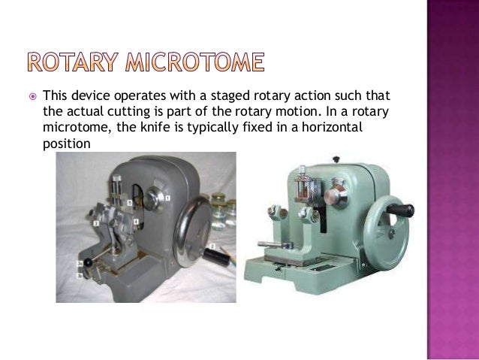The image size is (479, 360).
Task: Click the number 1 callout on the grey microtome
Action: pyautogui.click(x=167, y=197)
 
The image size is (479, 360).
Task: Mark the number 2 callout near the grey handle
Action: pyautogui.click(x=212, y=246)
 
